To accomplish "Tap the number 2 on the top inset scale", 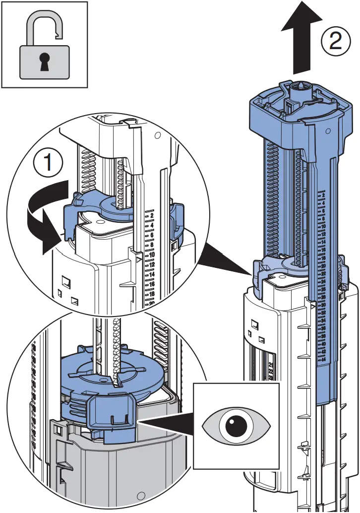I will [151, 216].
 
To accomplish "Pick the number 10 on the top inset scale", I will [151, 255].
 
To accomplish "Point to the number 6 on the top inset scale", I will [151, 235].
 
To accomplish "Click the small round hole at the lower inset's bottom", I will [141, 495].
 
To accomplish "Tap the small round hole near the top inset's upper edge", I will [157, 135].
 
